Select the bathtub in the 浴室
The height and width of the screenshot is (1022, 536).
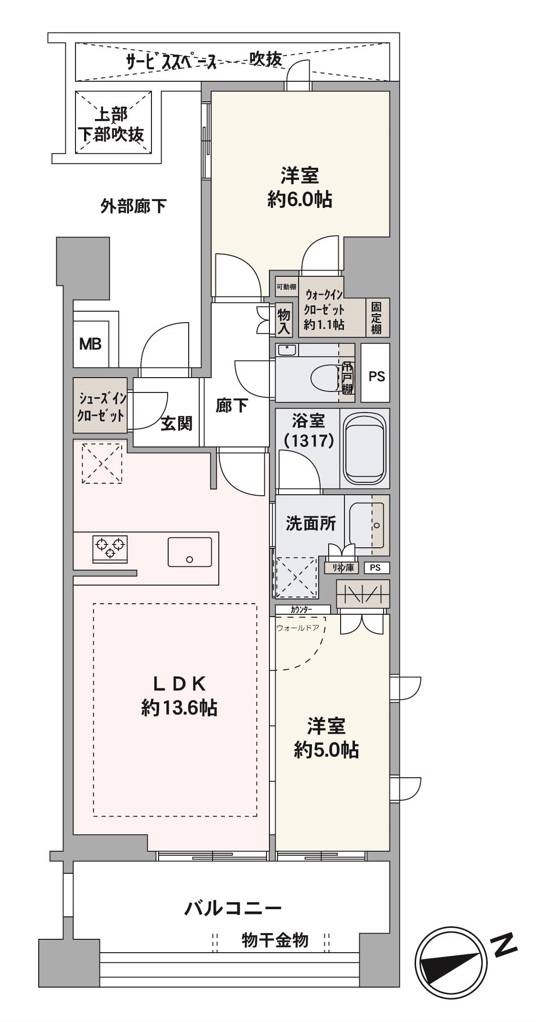(364, 448)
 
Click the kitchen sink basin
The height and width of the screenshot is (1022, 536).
(190, 552)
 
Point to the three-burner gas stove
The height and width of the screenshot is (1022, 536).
(110, 548)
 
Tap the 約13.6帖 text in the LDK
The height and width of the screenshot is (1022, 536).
(179, 708)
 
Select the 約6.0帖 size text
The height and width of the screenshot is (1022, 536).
(300, 199)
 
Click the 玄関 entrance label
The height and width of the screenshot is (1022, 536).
(176, 423)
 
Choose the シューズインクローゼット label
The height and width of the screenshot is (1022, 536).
(101, 406)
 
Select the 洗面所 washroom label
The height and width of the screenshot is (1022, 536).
(311, 523)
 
